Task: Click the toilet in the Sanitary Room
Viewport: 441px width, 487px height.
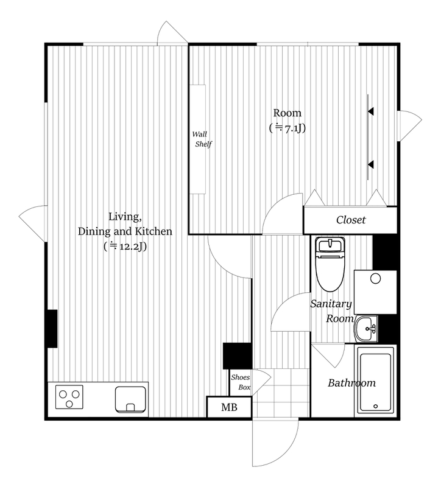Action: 330,265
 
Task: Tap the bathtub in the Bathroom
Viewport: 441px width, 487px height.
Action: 375,380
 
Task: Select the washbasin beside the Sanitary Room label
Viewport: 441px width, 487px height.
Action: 366,329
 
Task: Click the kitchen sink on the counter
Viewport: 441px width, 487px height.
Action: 130,399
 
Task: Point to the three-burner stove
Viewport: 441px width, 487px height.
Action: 69,397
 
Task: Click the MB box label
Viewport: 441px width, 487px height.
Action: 229,407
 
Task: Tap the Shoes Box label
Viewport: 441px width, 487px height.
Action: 241,382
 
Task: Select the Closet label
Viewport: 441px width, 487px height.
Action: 351,220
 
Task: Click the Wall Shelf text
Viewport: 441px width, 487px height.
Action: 202,139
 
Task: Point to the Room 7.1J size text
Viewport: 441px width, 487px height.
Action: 288,128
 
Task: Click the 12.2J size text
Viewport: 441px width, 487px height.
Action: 125,247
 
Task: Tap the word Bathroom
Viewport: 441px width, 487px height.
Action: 351,383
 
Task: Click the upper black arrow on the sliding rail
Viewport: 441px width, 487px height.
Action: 370,111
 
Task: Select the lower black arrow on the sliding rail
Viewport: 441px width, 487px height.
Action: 370,164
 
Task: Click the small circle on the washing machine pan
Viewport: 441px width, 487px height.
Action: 376,279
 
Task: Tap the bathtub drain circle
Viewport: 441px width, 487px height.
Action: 376,406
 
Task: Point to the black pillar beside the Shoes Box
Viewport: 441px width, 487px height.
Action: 237,356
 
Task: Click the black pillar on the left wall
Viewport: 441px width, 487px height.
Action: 52,329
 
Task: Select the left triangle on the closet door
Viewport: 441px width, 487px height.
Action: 314,197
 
